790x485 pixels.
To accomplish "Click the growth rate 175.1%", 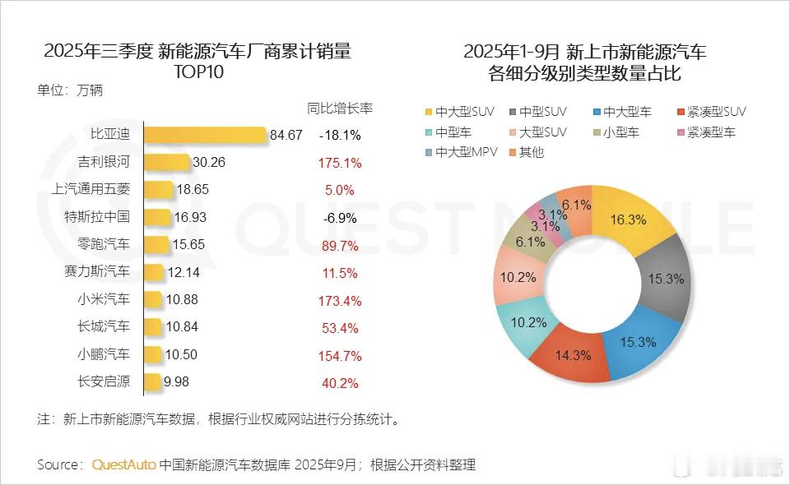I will pos(340,163).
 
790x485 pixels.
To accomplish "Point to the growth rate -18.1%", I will pos(340,135).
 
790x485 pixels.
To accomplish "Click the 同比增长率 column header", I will pos(340,109).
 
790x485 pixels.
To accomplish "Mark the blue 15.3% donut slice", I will pos(639,340).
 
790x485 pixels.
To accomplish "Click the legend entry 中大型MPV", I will pos(462,152).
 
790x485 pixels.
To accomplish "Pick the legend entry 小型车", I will pos(620,132).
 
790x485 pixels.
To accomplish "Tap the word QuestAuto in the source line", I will pos(123,464).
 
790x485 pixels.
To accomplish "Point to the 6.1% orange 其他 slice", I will pos(575,205).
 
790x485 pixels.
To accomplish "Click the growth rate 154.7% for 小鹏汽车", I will pos(340,355).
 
